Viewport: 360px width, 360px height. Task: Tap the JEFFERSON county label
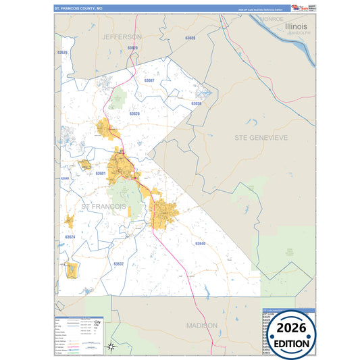click(x=122, y=36)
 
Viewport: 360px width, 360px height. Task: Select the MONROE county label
click(x=272, y=20)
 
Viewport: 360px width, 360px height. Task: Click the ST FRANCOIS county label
click(x=103, y=205)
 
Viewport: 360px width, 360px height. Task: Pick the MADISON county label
click(x=202, y=326)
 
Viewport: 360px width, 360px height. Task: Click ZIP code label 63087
click(x=149, y=80)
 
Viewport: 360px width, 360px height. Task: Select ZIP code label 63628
click(x=134, y=113)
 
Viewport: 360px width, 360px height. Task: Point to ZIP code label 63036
click(x=196, y=103)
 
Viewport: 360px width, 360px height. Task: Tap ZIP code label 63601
click(x=101, y=174)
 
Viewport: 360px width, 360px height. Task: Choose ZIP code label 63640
click(x=200, y=243)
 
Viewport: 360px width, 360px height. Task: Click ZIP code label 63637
click(x=119, y=263)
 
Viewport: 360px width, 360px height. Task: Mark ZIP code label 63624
click(x=70, y=237)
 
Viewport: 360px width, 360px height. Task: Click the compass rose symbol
click(x=112, y=347)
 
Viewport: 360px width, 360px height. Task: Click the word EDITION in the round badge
click(x=292, y=343)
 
